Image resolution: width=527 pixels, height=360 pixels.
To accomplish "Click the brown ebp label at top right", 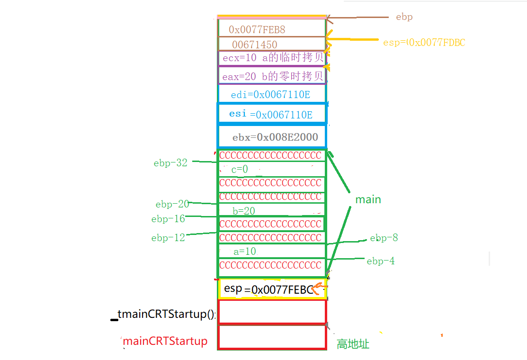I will pos(404,17).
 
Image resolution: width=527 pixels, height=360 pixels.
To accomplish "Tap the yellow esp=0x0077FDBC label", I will pos(424,43).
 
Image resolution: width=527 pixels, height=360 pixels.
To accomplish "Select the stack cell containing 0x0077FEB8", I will pos(271,29).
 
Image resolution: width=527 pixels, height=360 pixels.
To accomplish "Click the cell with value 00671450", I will pos(271,45).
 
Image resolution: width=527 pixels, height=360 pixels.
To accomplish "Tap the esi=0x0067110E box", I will pos(271,114).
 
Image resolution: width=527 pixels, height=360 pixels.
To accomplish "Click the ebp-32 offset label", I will pos(170,163).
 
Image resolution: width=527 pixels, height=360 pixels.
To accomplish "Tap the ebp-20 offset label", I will pos(172,204).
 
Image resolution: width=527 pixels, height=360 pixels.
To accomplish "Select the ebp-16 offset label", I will pos(168,219).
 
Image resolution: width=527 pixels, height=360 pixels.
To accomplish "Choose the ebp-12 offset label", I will pos(168,238).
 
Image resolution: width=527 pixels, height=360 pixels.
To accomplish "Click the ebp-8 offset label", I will pos(384,238).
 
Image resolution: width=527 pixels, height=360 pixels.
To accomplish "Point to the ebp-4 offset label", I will pos(380,261).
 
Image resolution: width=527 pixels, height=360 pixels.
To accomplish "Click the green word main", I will pos(368,199).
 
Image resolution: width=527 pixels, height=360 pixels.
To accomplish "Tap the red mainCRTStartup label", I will pos(165,341).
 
